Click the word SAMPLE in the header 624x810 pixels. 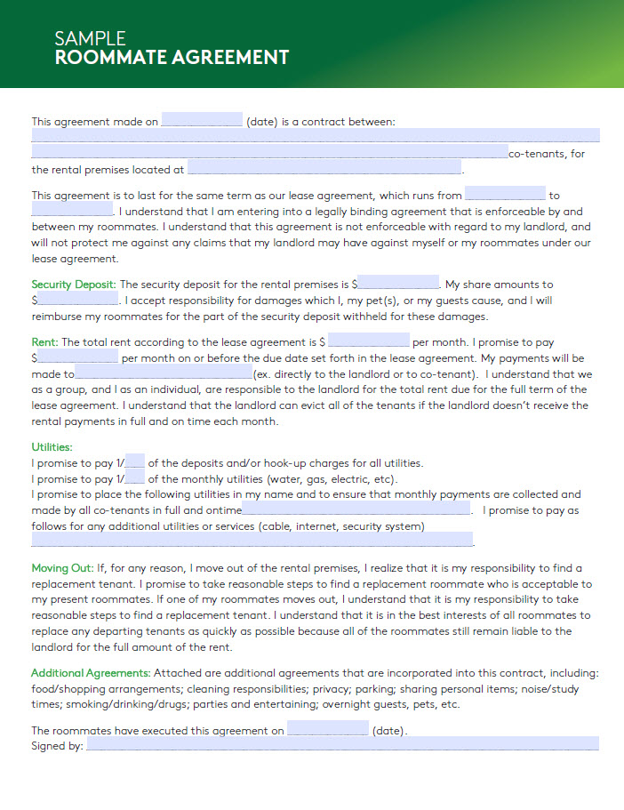click(x=90, y=38)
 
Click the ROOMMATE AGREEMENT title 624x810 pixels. click(x=172, y=58)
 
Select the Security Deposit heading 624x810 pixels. click(x=74, y=285)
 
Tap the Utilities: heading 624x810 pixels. click(x=52, y=447)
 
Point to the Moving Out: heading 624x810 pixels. click(x=62, y=568)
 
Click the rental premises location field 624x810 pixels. click(x=324, y=168)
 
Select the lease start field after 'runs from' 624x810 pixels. click(x=505, y=194)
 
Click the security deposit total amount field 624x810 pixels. click(x=398, y=285)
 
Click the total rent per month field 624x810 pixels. click(x=370, y=341)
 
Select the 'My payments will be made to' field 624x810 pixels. click(x=164, y=373)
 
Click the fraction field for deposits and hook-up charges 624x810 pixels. click(x=135, y=462)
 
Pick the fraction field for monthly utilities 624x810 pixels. click(x=135, y=478)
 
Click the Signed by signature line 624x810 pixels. click(x=342, y=745)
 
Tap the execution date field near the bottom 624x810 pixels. click(x=327, y=730)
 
